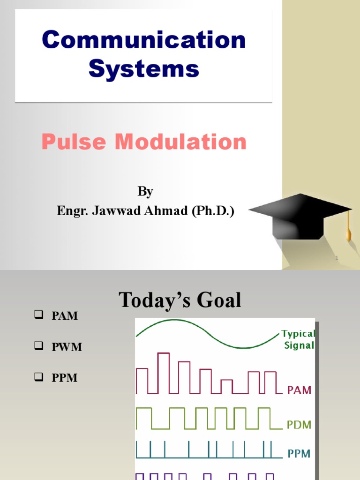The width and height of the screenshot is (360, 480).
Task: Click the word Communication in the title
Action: [143, 40]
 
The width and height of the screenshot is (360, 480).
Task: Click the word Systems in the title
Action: [143, 69]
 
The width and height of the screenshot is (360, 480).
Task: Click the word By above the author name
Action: [145, 192]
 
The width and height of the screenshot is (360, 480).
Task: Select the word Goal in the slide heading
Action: [216, 300]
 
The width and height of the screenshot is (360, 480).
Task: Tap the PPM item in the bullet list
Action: [64, 378]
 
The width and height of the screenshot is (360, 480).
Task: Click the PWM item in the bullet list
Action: [67, 347]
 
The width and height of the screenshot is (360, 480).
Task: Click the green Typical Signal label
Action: [298, 340]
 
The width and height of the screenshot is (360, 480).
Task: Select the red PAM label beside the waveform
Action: [299, 390]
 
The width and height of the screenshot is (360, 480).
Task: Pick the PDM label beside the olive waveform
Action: [299, 425]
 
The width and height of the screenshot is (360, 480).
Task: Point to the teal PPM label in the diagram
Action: [299, 454]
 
